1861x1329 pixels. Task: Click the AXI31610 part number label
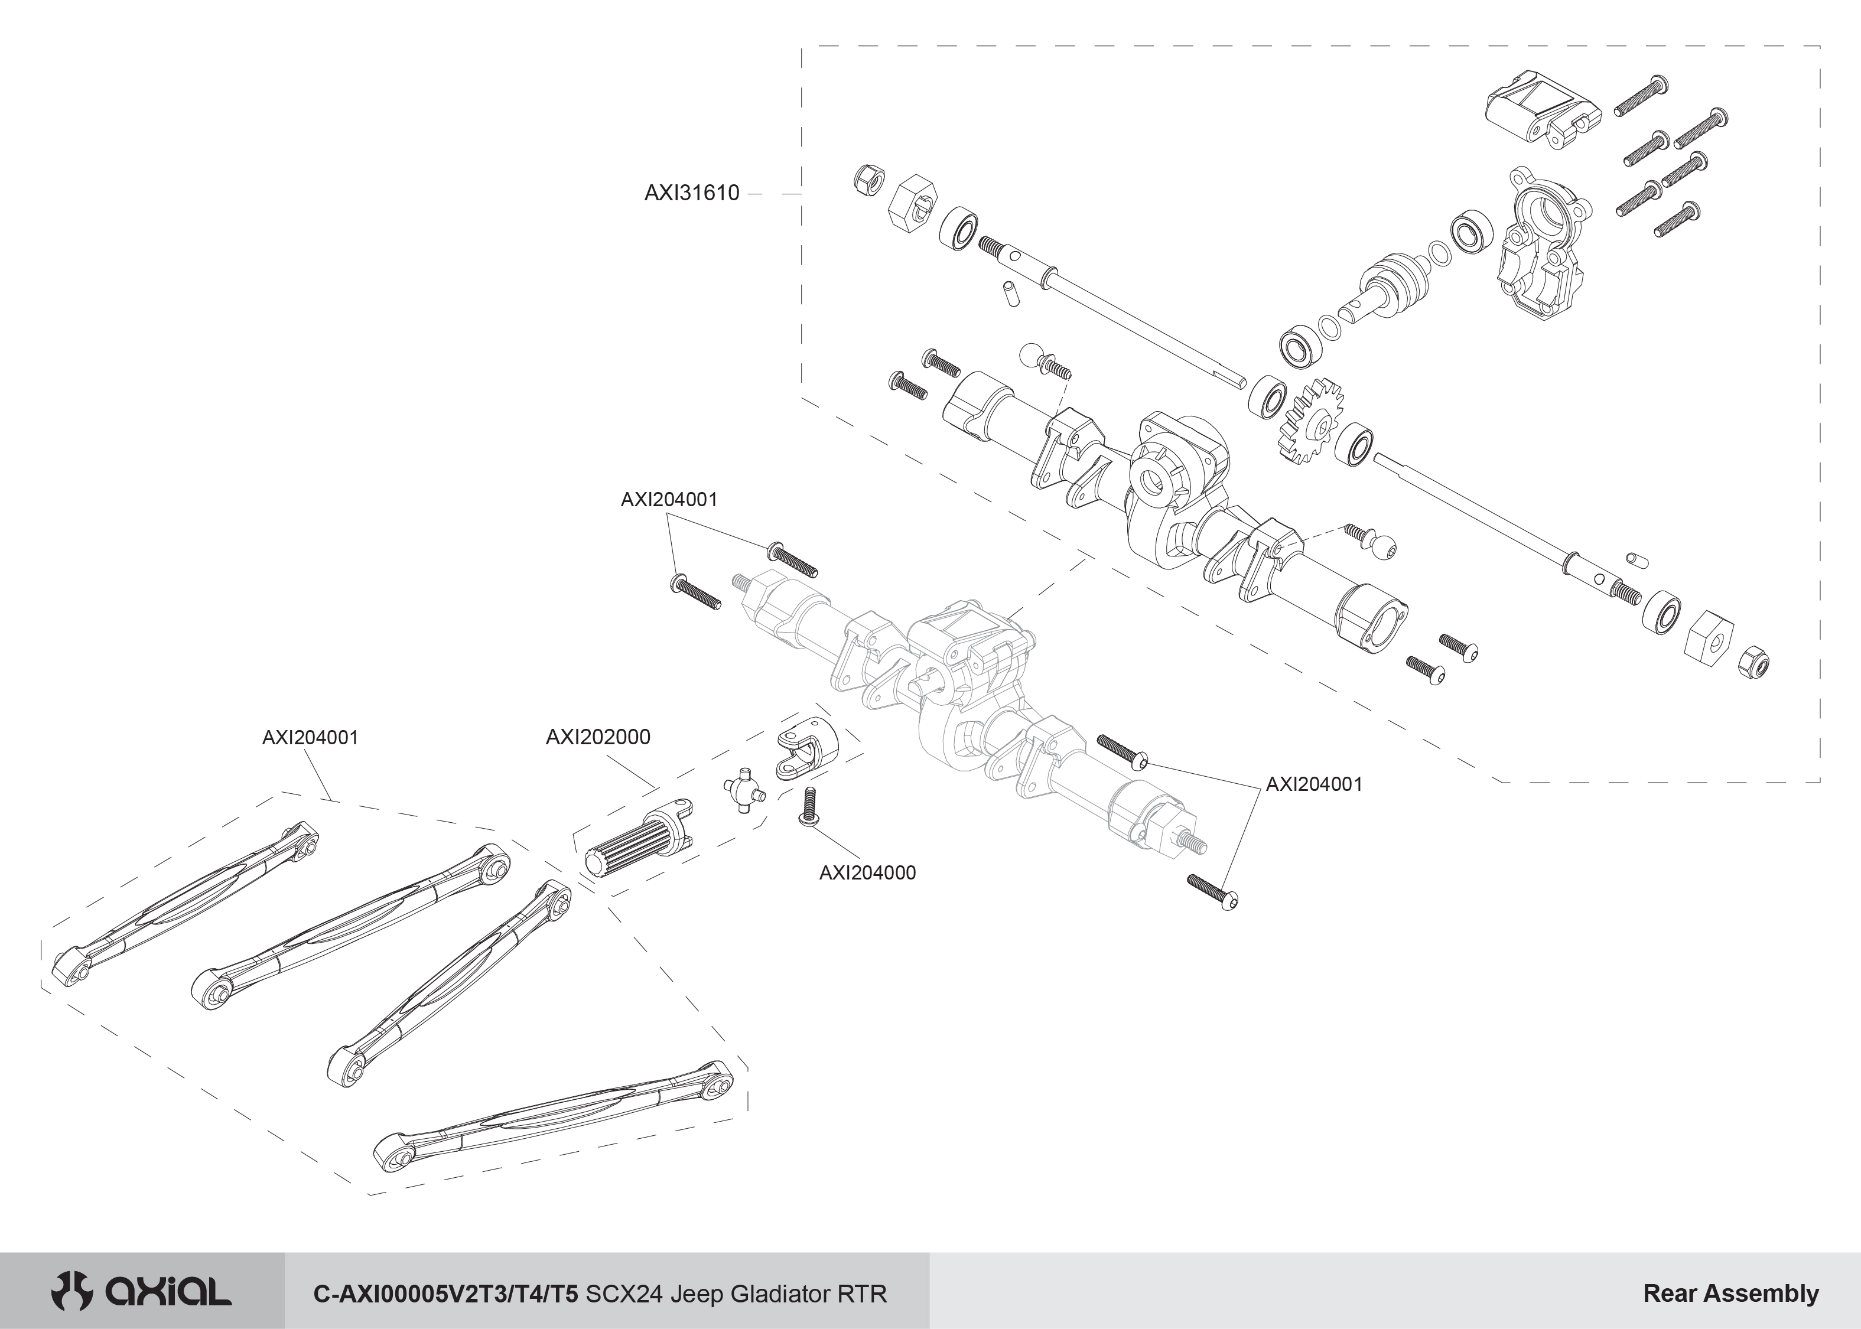(x=692, y=193)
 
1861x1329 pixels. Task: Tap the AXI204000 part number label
(x=867, y=872)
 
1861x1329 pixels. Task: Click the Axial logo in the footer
(x=141, y=1292)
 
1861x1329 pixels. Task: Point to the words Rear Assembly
(x=1730, y=1293)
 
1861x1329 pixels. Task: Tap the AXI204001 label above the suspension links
(x=310, y=737)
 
